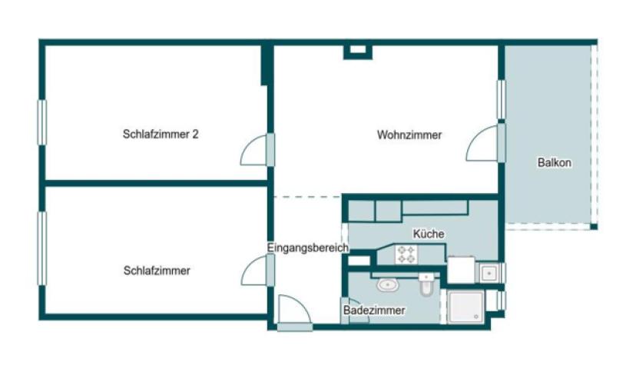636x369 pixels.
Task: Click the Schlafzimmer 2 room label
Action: [x=161, y=134]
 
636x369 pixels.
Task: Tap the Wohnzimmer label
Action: [x=409, y=135]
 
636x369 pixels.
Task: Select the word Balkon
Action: [x=554, y=163]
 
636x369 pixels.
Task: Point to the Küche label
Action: [x=428, y=234]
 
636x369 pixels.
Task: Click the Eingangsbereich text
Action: [x=307, y=248]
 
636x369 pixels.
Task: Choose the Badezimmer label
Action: [x=373, y=310]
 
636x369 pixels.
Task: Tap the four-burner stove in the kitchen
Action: [x=406, y=254]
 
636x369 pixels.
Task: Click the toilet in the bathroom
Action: [x=426, y=286]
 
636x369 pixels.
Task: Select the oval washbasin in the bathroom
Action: [x=386, y=285]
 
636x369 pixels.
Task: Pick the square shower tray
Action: [x=467, y=308]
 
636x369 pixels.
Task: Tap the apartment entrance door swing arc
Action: [x=294, y=311]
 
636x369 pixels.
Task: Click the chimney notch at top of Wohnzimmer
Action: [x=357, y=52]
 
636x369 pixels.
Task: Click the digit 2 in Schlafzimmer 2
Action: [x=196, y=134]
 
